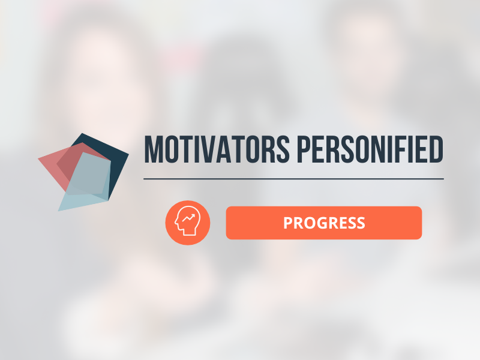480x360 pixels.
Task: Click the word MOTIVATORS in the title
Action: point(217,149)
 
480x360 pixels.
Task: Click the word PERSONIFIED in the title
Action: point(370,149)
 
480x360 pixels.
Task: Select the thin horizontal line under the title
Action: point(293,179)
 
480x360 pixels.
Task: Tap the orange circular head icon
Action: point(188,223)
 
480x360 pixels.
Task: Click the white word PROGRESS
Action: point(324,223)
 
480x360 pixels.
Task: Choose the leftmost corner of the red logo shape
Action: point(38,158)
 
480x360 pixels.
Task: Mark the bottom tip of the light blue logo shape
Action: point(58,211)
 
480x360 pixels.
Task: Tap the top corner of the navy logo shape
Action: point(82,133)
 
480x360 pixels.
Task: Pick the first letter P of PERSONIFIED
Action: point(304,149)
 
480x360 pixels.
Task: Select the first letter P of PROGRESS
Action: point(288,223)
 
